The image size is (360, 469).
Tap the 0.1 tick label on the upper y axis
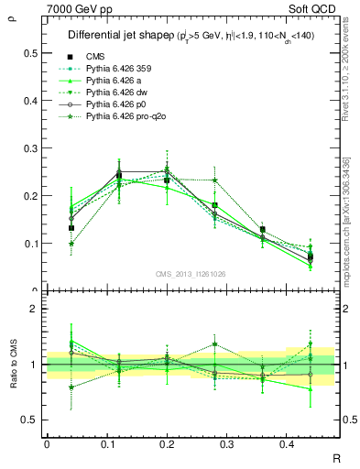(x=31, y=244)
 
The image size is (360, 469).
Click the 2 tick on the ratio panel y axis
(x=35, y=310)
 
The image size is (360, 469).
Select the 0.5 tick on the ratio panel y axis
(x=31, y=420)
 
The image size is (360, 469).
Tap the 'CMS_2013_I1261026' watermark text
(x=191, y=274)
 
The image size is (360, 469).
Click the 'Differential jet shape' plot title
(x=119, y=36)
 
